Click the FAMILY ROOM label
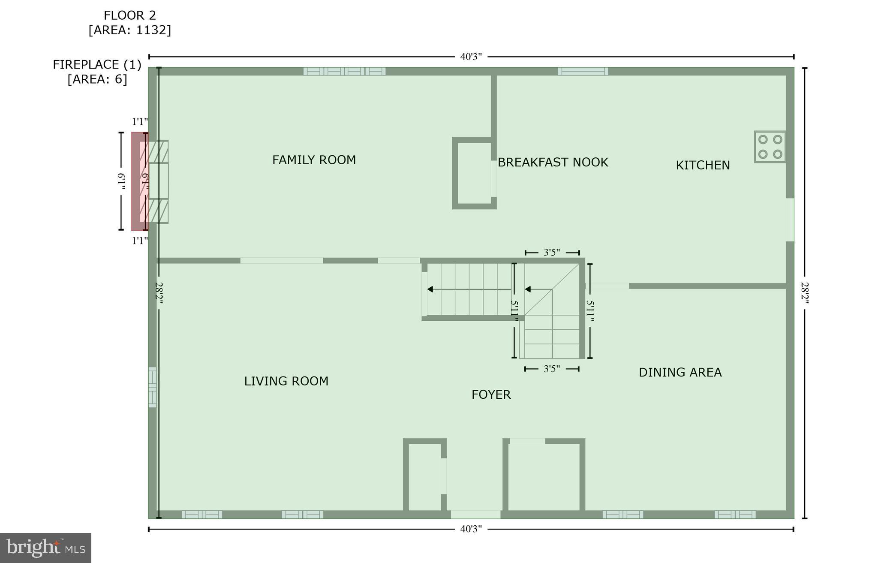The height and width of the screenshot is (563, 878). (314, 160)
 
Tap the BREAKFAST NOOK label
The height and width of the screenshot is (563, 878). (553, 162)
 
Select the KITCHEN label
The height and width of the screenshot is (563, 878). (703, 165)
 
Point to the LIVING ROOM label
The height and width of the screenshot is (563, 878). (286, 381)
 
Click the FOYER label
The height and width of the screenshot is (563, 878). (491, 394)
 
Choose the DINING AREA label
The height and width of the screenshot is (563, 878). (680, 372)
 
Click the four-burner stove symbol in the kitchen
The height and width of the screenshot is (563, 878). (770, 147)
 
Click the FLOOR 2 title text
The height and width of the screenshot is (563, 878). (129, 15)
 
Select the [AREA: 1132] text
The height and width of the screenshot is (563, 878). (129, 30)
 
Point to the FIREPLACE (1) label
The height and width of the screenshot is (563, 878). (97, 64)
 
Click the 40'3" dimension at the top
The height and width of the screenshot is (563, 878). (471, 57)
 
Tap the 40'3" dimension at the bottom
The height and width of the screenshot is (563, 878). (471, 529)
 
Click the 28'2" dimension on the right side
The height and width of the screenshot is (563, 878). (805, 293)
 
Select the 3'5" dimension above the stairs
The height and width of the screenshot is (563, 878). (552, 253)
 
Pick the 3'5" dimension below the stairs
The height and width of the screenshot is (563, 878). (552, 369)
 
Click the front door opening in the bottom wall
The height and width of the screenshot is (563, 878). (475, 515)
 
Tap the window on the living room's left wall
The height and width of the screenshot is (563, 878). (152, 387)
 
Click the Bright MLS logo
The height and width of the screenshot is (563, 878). (45, 548)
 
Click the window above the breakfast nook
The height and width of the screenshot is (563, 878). (583, 71)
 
